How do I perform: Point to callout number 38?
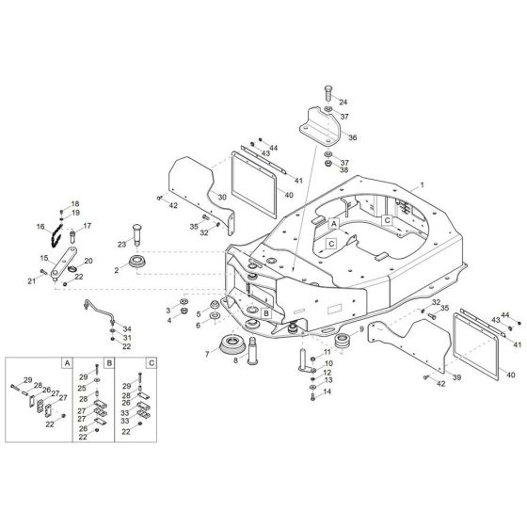tap(344, 170)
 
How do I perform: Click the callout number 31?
tap(127, 338)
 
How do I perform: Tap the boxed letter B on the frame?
tap(267, 313)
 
